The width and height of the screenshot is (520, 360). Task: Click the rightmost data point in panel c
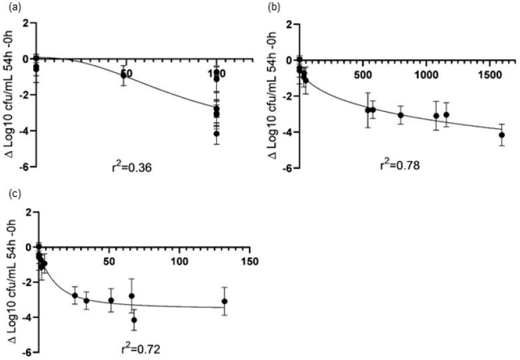tap(225, 301)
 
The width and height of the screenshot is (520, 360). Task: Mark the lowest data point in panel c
tap(134, 320)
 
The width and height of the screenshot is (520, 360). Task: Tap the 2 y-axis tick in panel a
tap(28, 24)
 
